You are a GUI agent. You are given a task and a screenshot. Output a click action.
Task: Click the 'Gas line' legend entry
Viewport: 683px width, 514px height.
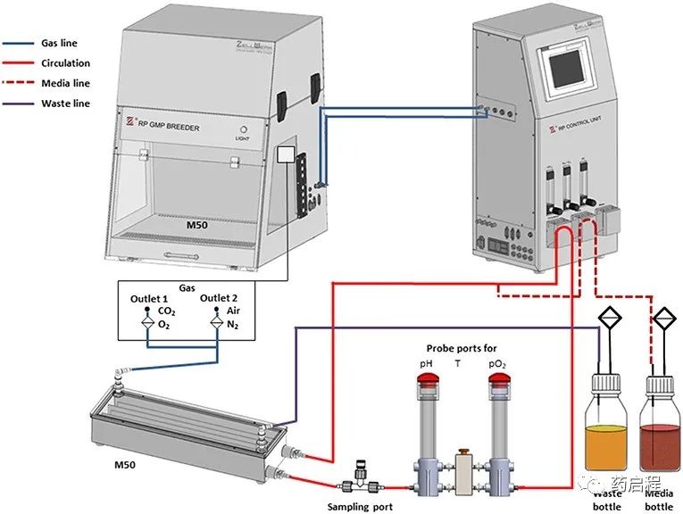(60, 42)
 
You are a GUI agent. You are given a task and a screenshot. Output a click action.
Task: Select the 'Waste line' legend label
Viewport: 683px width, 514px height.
(64, 104)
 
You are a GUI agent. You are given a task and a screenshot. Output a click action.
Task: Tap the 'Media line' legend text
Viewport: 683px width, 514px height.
(65, 83)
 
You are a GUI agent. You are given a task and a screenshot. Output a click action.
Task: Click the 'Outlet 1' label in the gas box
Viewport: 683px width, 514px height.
(147, 297)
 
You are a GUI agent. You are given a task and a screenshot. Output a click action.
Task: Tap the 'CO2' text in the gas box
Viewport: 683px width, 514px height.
(167, 311)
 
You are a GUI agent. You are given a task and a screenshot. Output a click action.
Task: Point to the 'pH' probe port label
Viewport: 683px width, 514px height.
(425, 365)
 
